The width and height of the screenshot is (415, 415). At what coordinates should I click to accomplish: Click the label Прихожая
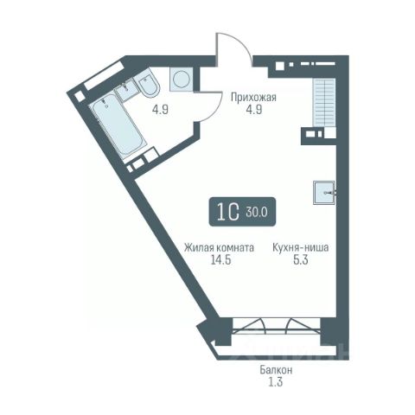click(253, 98)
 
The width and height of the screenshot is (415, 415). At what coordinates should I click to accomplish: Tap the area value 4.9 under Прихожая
click(254, 110)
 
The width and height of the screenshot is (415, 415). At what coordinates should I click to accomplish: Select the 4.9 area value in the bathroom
click(160, 110)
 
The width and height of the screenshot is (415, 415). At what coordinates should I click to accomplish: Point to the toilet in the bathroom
click(148, 84)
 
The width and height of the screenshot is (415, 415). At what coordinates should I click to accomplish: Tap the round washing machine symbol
click(182, 80)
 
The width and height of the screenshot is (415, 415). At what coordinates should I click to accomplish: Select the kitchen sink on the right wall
click(324, 193)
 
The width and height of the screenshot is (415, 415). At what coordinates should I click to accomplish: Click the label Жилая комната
click(219, 248)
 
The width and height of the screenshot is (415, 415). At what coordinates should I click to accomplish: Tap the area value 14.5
click(220, 260)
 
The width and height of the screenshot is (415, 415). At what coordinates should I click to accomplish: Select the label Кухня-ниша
click(301, 247)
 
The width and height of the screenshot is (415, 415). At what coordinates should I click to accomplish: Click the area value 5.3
click(301, 260)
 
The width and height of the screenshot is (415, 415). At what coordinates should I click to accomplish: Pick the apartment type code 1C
click(228, 212)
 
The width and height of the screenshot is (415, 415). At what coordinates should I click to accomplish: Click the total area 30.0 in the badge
click(257, 213)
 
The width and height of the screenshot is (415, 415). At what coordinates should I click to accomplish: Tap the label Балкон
click(276, 370)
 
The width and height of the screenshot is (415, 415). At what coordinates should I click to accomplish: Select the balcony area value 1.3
click(276, 382)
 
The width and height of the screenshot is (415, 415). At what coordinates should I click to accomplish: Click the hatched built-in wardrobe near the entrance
click(324, 102)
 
